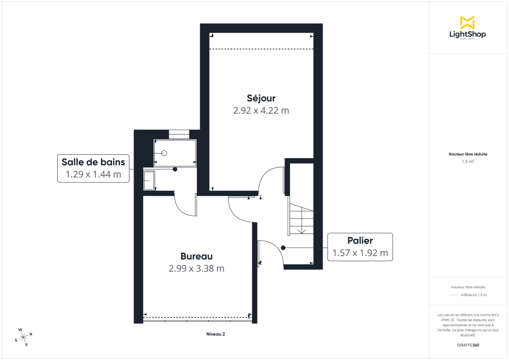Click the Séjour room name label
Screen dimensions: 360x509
click(261, 98)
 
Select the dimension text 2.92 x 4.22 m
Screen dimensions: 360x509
click(261, 111)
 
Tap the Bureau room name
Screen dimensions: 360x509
click(196, 256)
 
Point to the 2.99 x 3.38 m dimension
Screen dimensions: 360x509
click(196, 268)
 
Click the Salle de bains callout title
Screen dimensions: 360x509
click(93, 162)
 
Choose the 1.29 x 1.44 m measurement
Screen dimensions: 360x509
click(93, 174)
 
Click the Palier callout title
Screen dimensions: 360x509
click(360, 241)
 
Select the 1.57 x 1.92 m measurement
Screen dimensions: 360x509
click(360, 253)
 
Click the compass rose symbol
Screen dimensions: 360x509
click(24, 337)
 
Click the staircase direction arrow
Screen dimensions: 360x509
click(302, 231)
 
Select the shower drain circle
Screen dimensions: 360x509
click(165, 153)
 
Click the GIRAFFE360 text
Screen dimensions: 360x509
click(468, 345)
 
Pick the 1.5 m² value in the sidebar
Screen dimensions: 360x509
click(468, 162)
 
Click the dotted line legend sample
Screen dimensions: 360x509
click(454, 295)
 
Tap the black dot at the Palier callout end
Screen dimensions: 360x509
click(283, 248)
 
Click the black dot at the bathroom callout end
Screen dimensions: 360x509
click(175, 169)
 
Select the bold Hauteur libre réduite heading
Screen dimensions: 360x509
click(468, 154)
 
